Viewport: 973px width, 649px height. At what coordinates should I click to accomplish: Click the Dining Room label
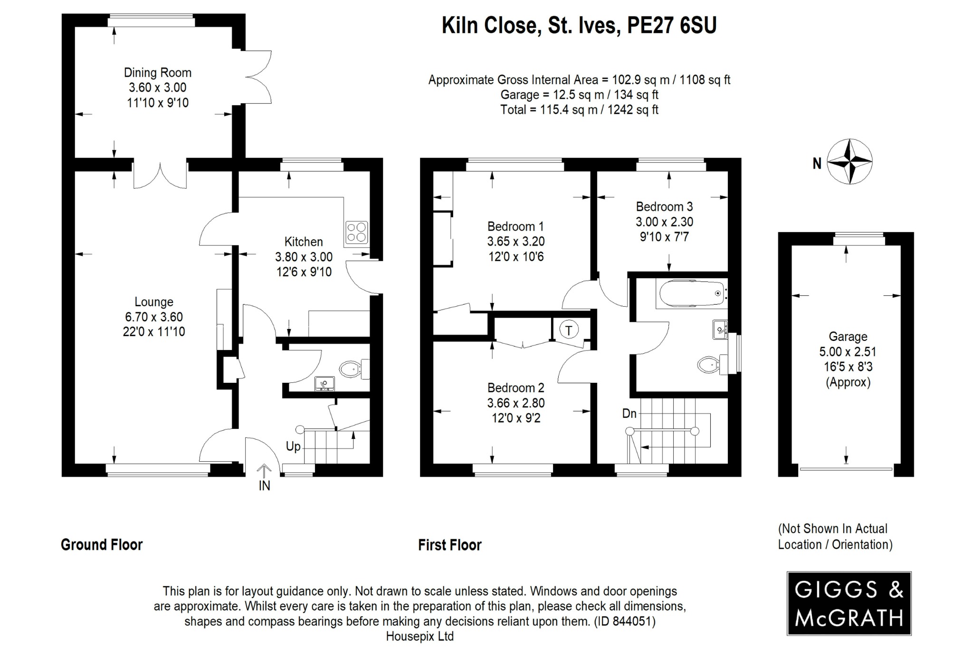(x=157, y=73)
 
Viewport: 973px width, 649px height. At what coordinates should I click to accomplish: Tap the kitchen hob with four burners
(x=357, y=232)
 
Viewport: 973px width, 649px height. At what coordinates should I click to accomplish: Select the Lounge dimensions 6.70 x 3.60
(x=153, y=317)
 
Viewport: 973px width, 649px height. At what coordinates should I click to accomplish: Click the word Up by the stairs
(x=293, y=446)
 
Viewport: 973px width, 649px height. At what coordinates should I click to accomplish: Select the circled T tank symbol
(x=569, y=329)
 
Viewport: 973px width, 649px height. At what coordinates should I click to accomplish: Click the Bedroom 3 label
(x=664, y=207)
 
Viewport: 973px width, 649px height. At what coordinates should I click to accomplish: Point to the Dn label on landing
(x=629, y=414)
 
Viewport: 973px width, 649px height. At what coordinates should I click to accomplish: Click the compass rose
(x=849, y=162)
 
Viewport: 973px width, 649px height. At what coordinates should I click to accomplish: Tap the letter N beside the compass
(x=817, y=164)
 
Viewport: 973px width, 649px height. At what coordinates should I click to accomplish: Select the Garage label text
(x=848, y=337)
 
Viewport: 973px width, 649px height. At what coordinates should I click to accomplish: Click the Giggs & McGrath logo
(x=849, y=603)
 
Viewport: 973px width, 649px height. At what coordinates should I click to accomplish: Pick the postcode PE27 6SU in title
(x=671, y=26)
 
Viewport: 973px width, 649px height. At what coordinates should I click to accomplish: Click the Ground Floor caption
(x=102, y=544)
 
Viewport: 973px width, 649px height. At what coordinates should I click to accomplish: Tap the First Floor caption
(x=449, y=545)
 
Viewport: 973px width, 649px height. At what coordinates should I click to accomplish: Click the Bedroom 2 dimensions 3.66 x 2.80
(x=515, y=403)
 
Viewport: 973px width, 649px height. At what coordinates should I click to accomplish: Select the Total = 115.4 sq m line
(x=579, y=110)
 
